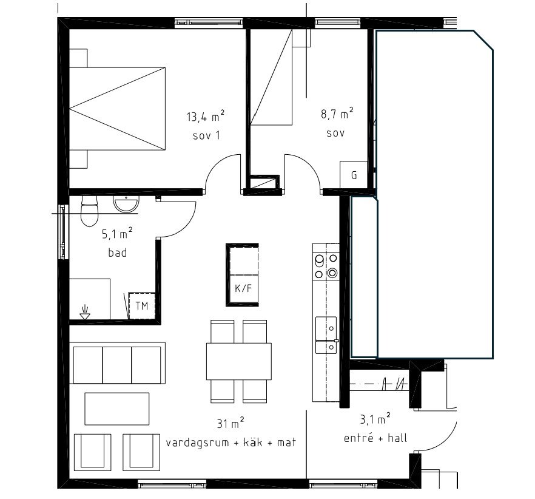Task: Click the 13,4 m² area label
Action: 206,116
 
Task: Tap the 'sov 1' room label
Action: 206,135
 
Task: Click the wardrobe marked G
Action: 354,175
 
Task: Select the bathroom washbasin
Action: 126,205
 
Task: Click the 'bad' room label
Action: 117,253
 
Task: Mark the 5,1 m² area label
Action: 117,233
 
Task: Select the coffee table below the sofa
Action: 116,409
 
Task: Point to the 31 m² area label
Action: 230,424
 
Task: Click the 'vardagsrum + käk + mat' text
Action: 230,443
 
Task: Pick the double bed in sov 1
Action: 118,108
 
